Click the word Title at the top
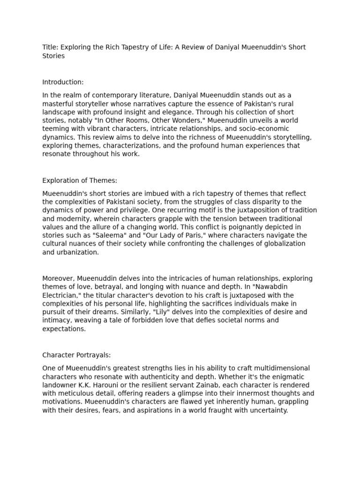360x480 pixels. click(x=50, y=47)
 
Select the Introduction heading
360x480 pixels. click(x=63, y=82)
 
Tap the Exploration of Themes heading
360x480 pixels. click(x=80, y=180)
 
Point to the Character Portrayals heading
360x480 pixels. click(x=76, y=355)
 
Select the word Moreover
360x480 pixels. click(x=58, y=278)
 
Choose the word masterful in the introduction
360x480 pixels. click(x=62, y=104)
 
